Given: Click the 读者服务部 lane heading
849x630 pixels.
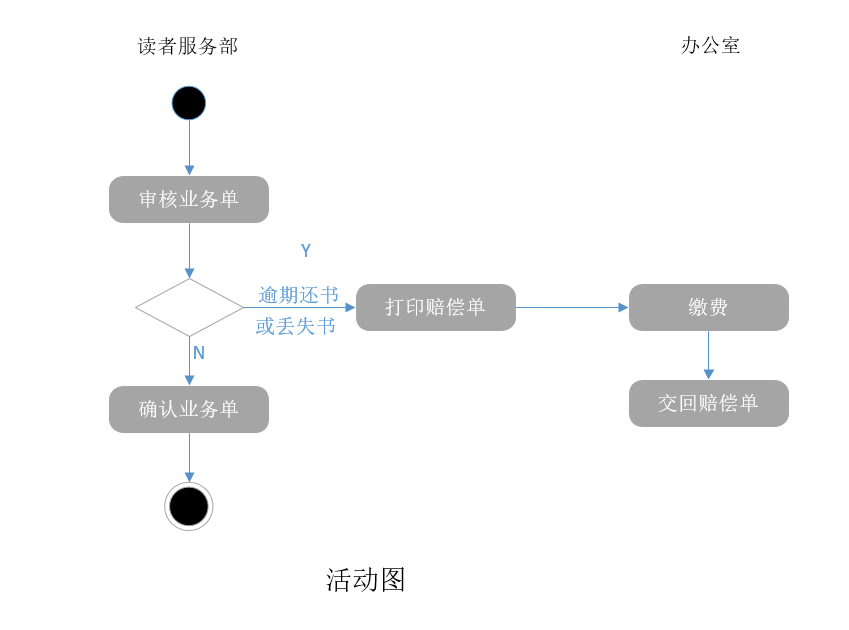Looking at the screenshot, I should (x=188, y=46).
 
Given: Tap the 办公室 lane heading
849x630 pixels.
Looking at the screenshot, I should (x=710, y=45).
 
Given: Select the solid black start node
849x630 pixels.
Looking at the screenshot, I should (x=189, y=103).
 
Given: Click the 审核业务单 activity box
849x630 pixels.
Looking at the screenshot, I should (x=189, y=199).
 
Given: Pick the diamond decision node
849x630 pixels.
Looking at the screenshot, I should (x=189, y=307).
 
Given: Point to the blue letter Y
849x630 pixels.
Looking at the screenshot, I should (x=306, y=251).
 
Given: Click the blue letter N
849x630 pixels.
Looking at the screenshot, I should (x=199, y=353).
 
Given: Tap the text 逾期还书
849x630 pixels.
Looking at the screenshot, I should (x=298, y=295).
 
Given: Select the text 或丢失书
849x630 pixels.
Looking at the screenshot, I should (x=296, y=326).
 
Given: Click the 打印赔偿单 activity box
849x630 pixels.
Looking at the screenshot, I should (x=436, y=307).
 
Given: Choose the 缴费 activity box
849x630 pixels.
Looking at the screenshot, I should (x=709, y=307).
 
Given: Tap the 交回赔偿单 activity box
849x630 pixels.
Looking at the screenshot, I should (x=709, y=403).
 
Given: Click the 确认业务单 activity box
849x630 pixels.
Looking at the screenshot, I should (x=189, y=409).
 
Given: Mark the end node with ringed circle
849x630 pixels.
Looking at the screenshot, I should (x=189, y=506).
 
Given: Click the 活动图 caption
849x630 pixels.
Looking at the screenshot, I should (x=366, y=580).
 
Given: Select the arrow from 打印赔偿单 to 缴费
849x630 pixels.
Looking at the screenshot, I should (x=572, y=307).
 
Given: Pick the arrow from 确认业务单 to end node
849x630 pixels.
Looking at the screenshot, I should (x=189, y=457).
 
